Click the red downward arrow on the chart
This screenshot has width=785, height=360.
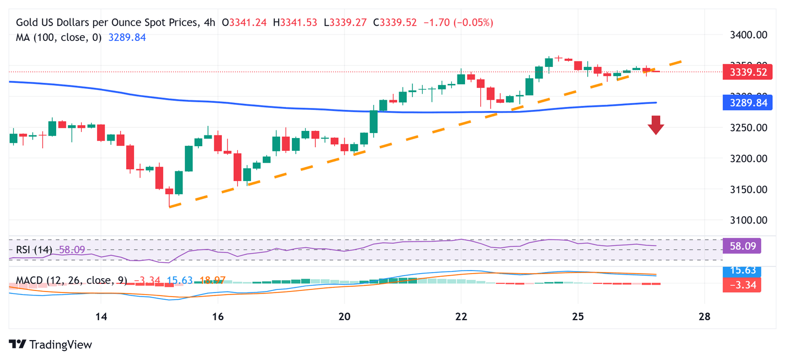tap(656, 125)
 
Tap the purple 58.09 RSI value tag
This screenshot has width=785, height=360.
tap(742, 246)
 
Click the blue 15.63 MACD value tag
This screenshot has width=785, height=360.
tap(742, 272)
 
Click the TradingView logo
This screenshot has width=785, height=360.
tap(51, 345)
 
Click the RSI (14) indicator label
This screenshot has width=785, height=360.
tap(34, 250)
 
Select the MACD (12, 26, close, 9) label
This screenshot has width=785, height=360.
tap(71, 280)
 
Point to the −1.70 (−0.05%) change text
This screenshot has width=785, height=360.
tap(458, 22)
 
